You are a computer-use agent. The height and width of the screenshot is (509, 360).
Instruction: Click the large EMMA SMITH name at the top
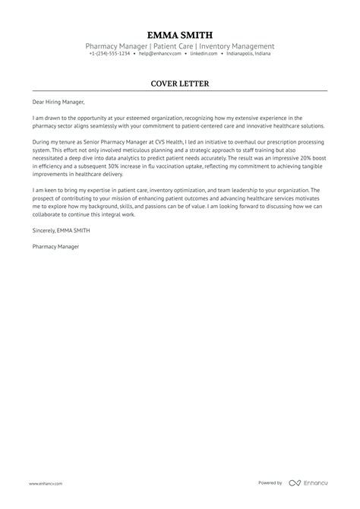pos(180,35)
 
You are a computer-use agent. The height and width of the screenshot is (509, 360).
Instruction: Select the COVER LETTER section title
pos(180,83)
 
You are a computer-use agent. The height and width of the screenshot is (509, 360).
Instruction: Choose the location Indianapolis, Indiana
pos(245,54)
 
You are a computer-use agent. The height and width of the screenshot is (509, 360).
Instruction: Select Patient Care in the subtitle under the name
pos(173,46)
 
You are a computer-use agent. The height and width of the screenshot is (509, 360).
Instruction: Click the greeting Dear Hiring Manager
pos(59,102)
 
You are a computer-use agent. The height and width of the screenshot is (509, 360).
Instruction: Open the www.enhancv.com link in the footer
pos(46,483)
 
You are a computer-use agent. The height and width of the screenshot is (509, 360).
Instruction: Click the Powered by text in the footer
pos(270,483)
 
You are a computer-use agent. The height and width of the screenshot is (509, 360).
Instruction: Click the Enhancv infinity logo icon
pos(294,483)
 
